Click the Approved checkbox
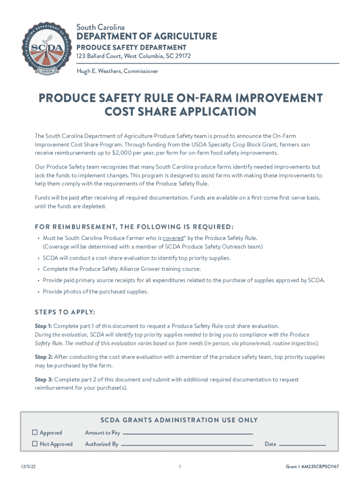35,433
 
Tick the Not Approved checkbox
35,444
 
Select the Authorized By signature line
187,445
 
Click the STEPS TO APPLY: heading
65,312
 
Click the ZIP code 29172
182,56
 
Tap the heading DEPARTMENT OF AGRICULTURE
147,36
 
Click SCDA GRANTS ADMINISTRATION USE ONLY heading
180,420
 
